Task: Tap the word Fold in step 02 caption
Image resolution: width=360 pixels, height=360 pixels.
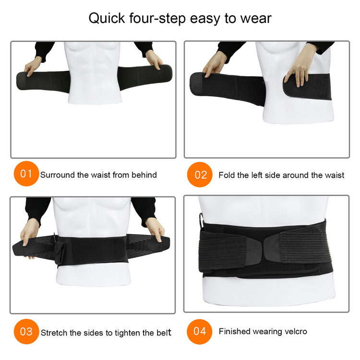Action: click(227, 175)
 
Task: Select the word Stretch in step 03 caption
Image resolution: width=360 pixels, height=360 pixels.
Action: click(54, 332)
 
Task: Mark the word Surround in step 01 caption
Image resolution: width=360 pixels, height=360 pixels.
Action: click(57, 175)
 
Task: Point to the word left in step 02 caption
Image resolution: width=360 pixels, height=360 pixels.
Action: click(255, 175)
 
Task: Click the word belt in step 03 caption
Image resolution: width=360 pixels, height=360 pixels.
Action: click(164, 332)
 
